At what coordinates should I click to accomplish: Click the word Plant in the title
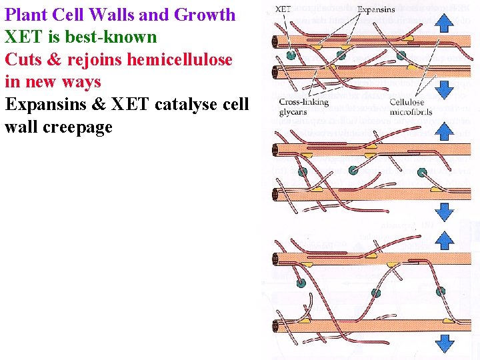click(27, 15)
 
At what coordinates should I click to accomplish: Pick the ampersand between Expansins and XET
click(102, 105)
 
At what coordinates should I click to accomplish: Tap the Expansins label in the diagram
click(377, 9)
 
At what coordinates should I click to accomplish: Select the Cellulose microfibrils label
click(411, 107)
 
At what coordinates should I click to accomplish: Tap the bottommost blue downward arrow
click(443, 344)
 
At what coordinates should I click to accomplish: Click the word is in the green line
click(53, 37)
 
